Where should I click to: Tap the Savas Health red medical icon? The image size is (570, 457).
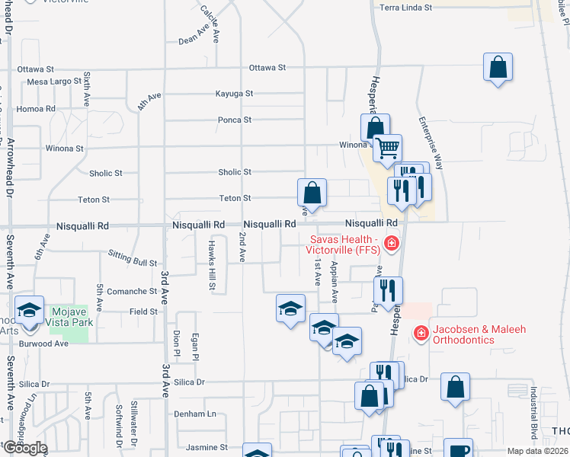coord(392,244)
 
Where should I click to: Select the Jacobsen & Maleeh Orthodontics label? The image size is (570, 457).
coord(479,334)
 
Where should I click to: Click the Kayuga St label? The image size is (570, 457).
coord(235,94)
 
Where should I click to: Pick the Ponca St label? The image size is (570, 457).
coord(235,120)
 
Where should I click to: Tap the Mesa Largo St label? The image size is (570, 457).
coord(59,81)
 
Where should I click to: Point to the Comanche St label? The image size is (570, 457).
coord(131,291)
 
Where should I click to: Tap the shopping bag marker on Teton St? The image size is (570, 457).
coord(312,192)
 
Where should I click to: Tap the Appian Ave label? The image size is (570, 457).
coord(335,278)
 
